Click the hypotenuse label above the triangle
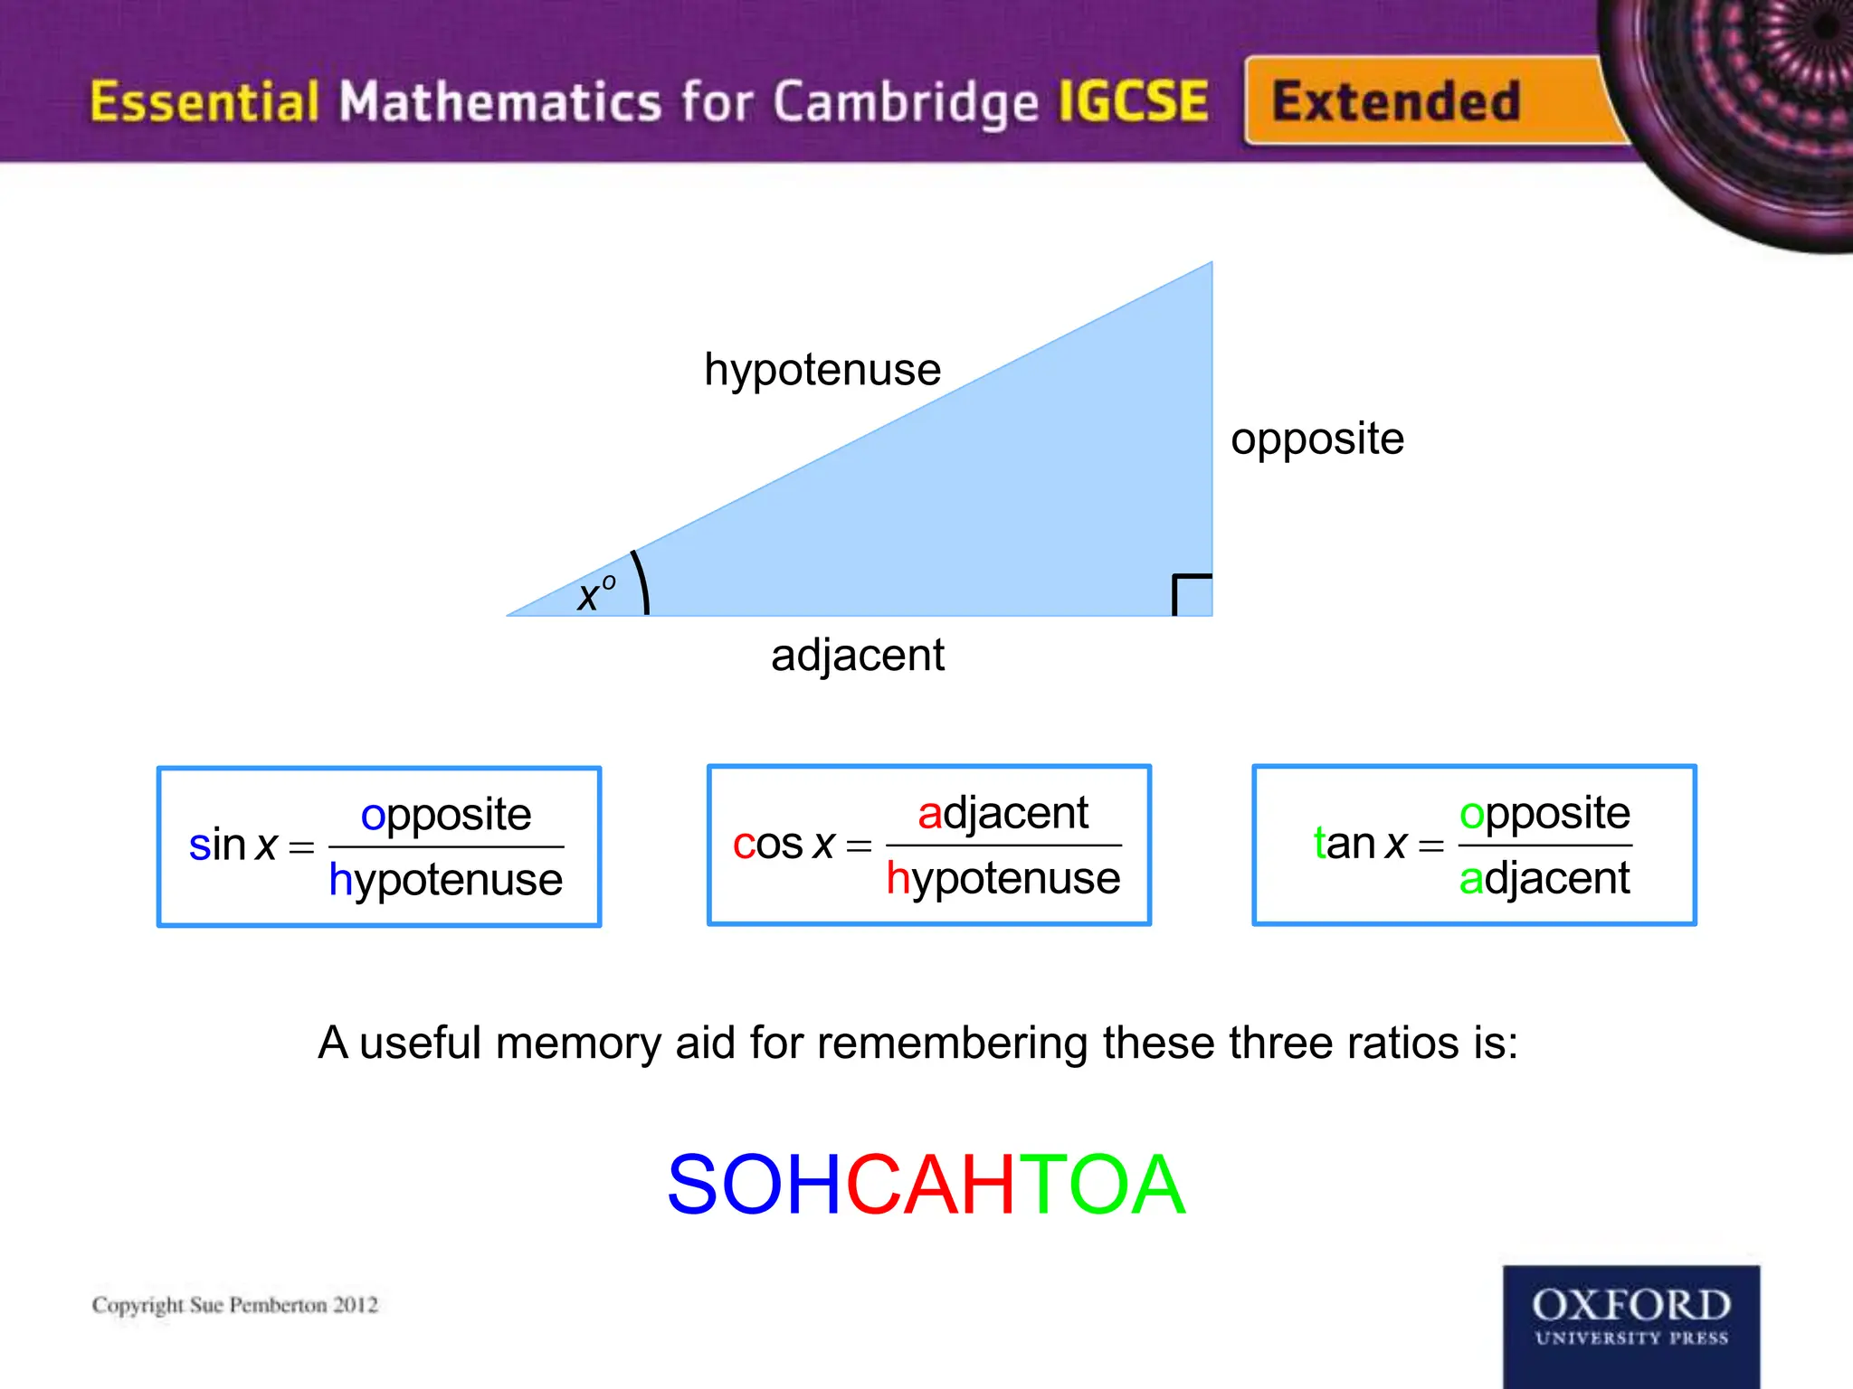[x=822, y=370]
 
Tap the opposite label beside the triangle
[x=1316, y=439]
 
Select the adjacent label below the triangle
[x=857, y=655]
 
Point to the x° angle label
[x=596, y=593]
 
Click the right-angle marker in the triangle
[x=1191, y=594]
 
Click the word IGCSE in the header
[x=1133, y=100]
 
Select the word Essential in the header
[x=204, y=100]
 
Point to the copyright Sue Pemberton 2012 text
[x=235, y=1305]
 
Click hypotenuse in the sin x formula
[x=445, y=880]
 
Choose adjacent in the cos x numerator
[x=1003, y=813]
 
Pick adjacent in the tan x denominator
[x=1544, y=878]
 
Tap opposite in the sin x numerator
[x=445, y=815]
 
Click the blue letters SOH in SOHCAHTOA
[x=755, y=1184]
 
